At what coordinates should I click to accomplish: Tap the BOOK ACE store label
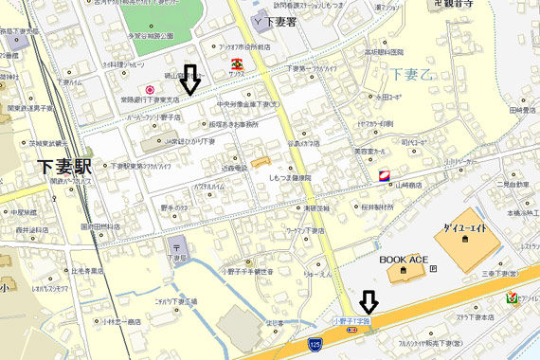pos(405,258)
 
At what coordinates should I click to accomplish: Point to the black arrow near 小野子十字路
pos(369,301)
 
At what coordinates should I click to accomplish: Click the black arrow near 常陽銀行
pos(189,80)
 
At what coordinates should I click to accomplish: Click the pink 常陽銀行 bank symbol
pos(149,89)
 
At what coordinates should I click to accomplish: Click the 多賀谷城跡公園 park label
pos(154,35)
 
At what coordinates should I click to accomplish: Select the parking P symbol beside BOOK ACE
pos(433,268)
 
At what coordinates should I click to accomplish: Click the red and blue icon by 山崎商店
pos(384,176)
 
